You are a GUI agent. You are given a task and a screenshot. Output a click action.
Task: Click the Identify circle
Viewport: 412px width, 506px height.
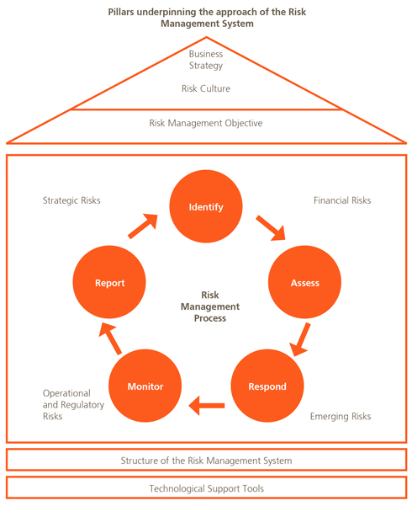point(206,206)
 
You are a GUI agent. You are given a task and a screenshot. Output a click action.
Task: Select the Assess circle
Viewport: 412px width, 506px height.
point(304,282)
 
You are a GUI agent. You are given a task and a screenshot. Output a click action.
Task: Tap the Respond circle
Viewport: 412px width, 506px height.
point(267,386)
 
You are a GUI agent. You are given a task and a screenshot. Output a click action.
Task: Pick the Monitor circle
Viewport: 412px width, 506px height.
point(145,386)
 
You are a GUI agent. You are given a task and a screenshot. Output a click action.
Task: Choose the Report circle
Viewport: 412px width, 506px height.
point(109,282)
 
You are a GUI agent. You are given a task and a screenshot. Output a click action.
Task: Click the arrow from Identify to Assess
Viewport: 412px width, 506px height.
point(271,228)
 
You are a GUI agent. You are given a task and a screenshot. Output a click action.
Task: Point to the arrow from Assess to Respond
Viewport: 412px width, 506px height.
point(299,339)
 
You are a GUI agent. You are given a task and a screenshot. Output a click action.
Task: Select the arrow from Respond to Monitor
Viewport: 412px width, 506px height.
point(207,406)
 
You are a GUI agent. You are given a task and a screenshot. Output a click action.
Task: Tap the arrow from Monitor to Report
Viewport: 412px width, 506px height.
point(110,338)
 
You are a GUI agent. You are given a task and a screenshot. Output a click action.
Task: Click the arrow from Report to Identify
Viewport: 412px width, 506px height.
point(143,226)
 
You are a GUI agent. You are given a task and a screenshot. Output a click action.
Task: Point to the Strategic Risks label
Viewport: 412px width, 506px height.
point(71,200)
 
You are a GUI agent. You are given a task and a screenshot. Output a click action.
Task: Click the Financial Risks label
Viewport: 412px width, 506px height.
point(342,200)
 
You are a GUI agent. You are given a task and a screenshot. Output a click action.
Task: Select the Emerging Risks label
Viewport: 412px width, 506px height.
point(341,416)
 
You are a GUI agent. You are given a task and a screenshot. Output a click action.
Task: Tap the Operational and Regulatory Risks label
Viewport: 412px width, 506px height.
point(73,405)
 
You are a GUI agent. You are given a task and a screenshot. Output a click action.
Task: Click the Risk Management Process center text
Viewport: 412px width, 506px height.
point(210,306)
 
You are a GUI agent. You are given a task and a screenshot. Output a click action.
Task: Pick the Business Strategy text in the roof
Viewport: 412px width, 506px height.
point(206,60)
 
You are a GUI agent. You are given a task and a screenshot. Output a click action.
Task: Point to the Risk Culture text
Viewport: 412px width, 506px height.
point(206,88)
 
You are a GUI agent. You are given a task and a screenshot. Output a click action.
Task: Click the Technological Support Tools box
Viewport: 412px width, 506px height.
point(206,487)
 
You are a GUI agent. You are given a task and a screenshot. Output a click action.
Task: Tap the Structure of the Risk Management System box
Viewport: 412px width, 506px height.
point(206,460)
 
